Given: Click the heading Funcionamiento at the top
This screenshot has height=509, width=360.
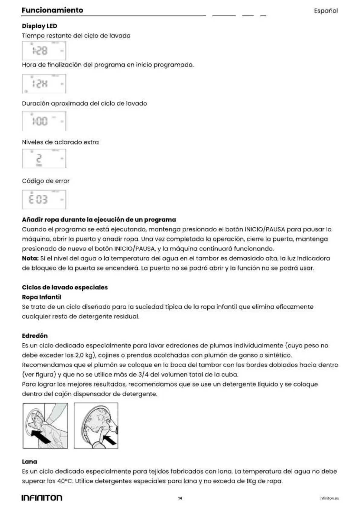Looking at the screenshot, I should pos(52,10).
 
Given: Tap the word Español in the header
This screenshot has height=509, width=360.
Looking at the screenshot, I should pos(326,11).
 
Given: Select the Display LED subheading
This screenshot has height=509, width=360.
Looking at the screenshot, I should pos(39,26).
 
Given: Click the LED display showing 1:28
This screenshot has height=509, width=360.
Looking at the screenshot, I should pos(44,51).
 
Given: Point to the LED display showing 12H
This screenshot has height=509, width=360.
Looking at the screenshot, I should pos(44,84).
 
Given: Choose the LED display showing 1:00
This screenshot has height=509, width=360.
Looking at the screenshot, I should pos(44,121).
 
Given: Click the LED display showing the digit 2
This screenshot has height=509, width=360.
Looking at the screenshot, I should pos(44,159).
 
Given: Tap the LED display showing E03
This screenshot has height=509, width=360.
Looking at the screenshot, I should pos(44,199).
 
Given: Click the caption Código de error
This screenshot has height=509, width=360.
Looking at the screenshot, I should pos(46,181).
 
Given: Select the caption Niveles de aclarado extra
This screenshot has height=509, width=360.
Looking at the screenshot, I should pos(60,142).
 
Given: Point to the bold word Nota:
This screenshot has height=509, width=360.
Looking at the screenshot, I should pos(30,258).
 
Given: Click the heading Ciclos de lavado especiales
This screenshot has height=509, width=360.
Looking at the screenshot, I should pos(65,287).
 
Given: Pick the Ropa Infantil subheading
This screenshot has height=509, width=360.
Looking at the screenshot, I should pos(41,297).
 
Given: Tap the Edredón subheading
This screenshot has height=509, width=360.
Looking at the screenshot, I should pos(34,336).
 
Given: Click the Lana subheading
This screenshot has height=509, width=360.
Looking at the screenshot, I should pos(29,462).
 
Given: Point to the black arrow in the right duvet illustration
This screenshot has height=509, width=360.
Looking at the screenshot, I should pos(109,439).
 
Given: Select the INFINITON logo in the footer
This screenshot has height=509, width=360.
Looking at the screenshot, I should pos(42,498).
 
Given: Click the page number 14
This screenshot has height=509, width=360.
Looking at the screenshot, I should pos(180,498).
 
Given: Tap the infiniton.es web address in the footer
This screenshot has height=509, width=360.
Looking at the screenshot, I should pos(329,498).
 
